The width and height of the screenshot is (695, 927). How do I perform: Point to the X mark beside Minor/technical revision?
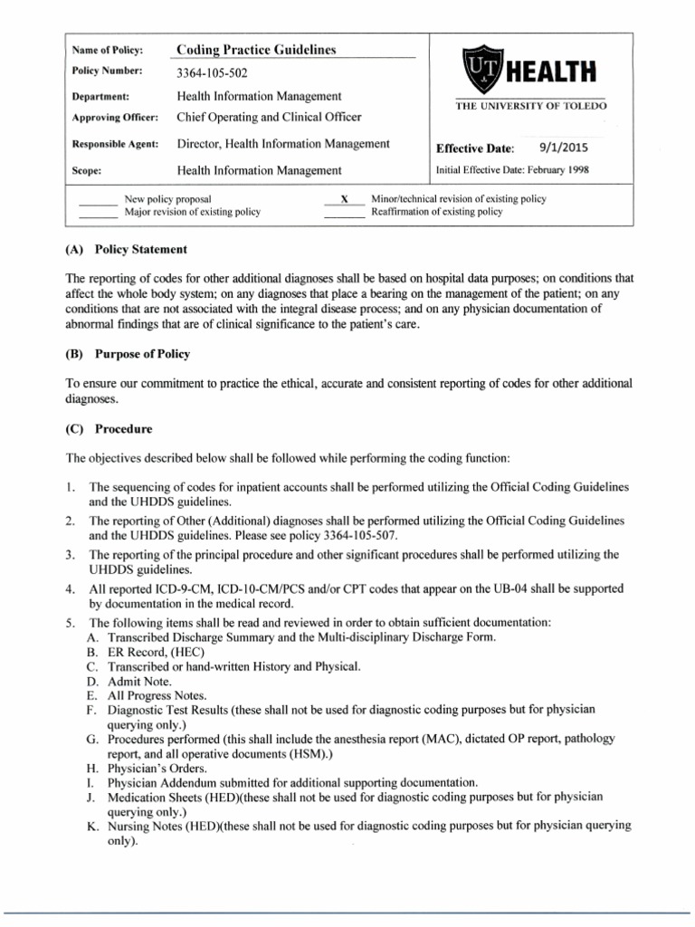pyautogui.click(x=344, y=198)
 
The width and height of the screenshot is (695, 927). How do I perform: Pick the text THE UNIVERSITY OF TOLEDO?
pyautogui.click(x=530, y=106)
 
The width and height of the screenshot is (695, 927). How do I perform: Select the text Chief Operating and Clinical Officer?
pyautogui.click(x=269, y=117)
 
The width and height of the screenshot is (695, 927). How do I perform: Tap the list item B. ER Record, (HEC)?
pyautogui.click(x=146, y=652)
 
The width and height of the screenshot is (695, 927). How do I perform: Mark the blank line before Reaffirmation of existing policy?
pyautogui.click(x=344, y=215)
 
